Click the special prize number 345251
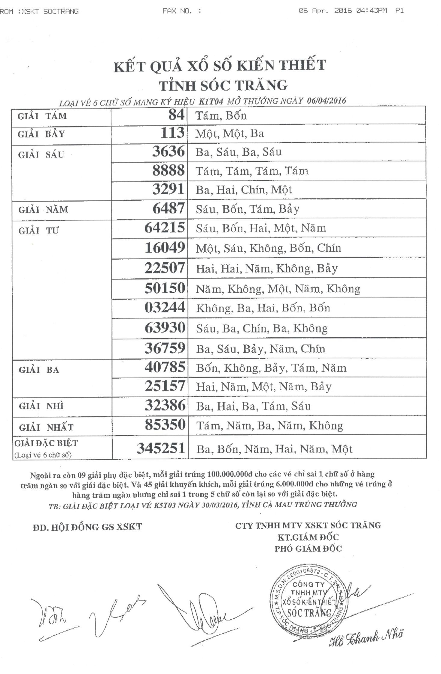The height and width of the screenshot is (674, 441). coord(161,448)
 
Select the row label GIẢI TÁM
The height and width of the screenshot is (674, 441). coord(42,116)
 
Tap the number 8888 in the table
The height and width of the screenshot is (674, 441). coord(168,170)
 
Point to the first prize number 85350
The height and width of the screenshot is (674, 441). coord(165,425)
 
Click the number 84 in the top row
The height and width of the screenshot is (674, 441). coord(176,115)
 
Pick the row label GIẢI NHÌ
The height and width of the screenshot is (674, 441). coord(41,406)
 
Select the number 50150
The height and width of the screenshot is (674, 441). coord(165,288)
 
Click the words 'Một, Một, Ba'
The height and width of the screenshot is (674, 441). coord(230,133)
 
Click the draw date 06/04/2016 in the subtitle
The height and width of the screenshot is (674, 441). coord(327,101)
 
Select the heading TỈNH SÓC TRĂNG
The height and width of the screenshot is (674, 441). coord(223,86)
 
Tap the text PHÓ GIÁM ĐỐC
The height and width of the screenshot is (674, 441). coord(308,549)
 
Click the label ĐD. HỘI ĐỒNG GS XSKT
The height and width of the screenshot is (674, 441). coord(87,527)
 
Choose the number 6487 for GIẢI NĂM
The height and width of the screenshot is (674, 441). coord(169,208)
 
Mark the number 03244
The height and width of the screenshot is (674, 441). coord(165,308)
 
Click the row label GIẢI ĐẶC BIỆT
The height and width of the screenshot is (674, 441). coord(46,443)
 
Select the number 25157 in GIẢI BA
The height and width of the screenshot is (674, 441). coord(165,386)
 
